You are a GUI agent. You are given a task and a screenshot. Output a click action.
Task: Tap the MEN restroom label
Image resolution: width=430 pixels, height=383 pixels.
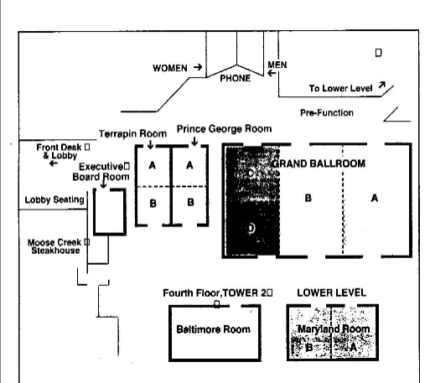[277, 65]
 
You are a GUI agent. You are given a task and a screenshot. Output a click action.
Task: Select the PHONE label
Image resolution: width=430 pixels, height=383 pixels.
[236, 79]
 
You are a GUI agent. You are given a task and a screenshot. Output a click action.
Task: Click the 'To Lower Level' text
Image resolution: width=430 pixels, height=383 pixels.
[339, 87]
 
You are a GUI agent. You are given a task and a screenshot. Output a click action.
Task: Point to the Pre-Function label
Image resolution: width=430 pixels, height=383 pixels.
[326, 112]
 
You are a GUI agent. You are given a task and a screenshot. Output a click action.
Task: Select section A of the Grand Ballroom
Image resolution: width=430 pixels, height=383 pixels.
[375, 198]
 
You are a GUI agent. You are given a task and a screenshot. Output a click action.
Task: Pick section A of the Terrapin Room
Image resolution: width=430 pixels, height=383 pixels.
[152, 165]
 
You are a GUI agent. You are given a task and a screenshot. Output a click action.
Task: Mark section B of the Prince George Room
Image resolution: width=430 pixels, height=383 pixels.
[190, 202]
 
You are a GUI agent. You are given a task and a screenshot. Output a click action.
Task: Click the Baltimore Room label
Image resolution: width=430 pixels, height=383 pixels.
[213, 329]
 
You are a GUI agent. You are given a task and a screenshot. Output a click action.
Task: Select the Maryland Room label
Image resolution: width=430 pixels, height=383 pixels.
[334, 329]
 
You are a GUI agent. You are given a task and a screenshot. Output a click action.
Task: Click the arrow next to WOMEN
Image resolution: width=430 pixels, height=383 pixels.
[198, 67]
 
